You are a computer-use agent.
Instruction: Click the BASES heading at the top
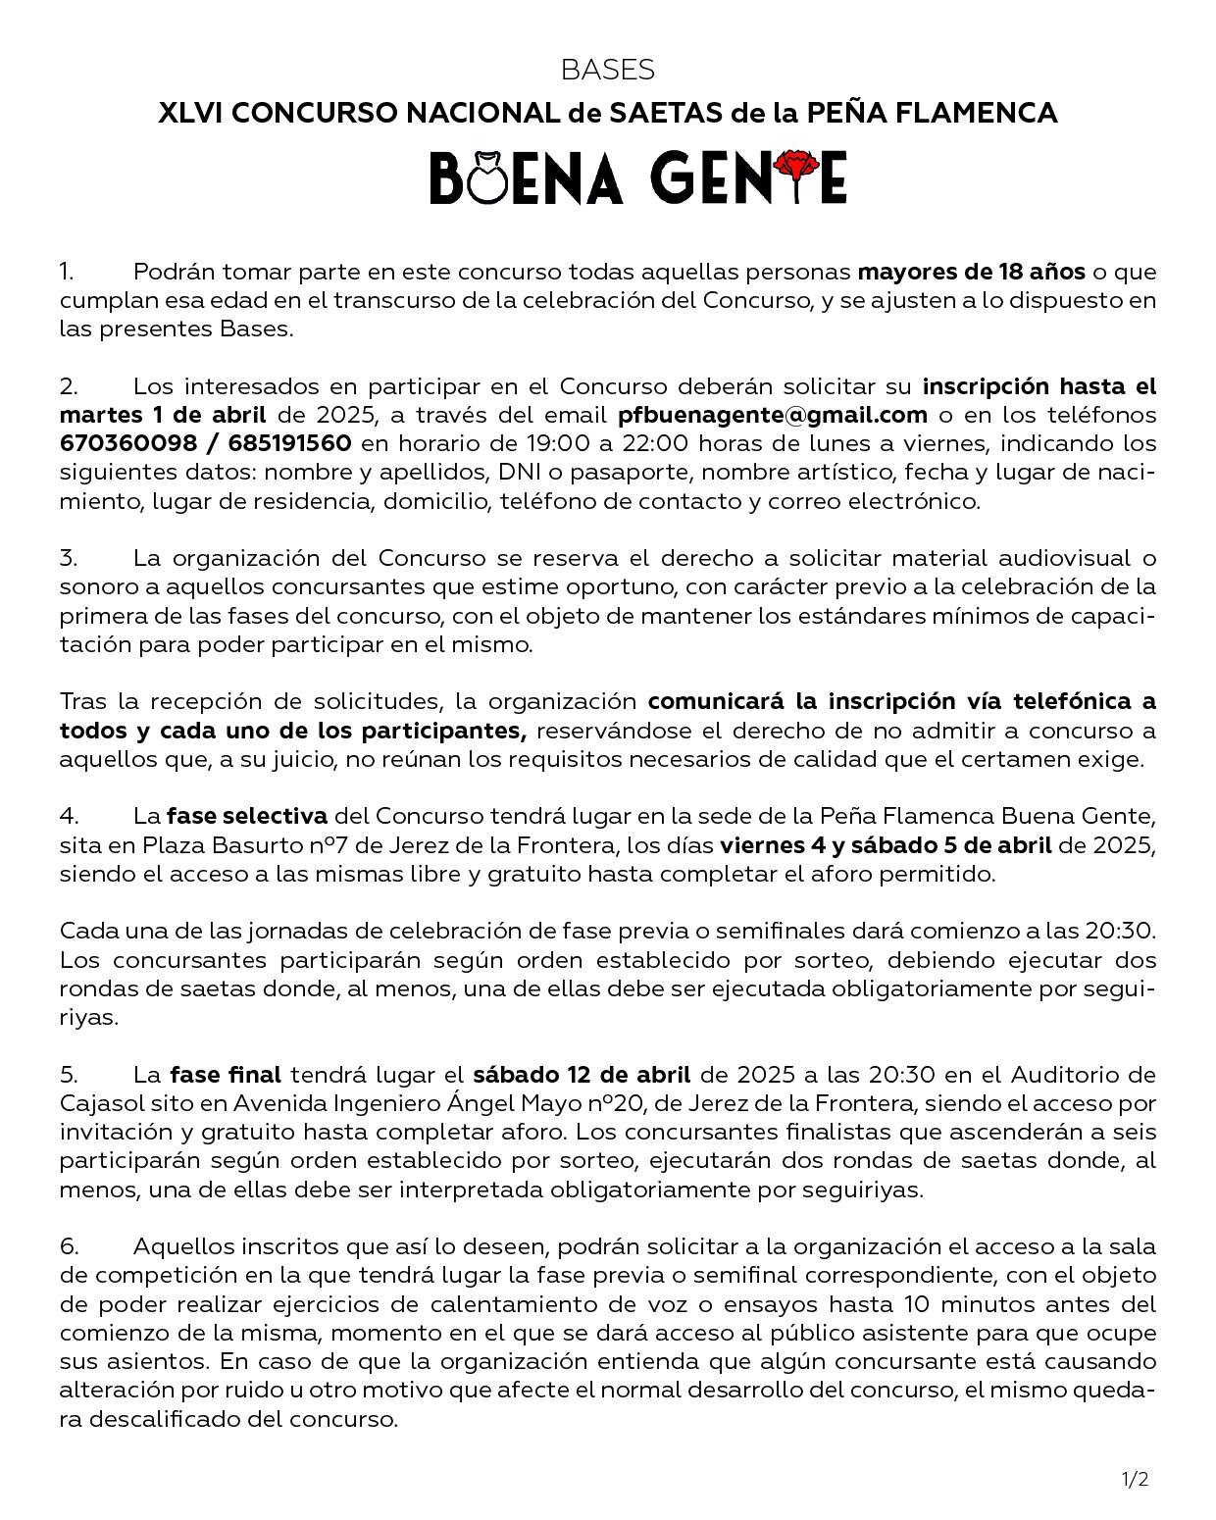coord(608,70)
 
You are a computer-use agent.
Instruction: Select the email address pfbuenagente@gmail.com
coord(773,415)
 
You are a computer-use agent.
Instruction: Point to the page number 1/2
coord(1135,1479)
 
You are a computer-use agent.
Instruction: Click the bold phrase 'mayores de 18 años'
coord(971,271)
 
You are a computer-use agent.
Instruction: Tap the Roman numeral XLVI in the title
coord(190,114)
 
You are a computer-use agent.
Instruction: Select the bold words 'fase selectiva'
coord(247,816)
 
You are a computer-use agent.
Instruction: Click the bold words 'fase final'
coord(226,1075)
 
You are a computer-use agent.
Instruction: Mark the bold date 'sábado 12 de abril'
coord(582,1075)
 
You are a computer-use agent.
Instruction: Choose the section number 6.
coord(69,1246)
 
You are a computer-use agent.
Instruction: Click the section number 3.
coord(68,558)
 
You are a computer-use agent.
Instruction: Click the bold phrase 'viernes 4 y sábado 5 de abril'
coord(886,845)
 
